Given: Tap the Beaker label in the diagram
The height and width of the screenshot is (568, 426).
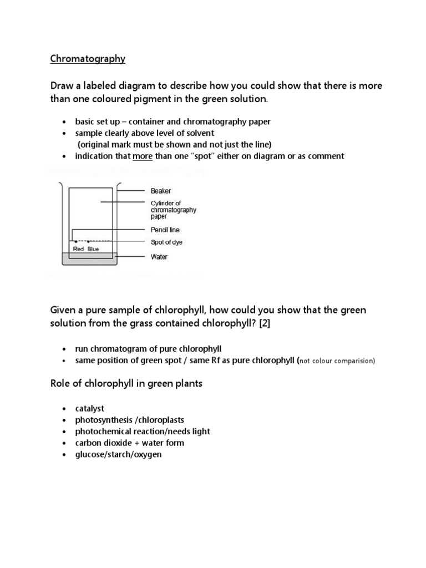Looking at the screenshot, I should pyautogui.click(x=161, y=191).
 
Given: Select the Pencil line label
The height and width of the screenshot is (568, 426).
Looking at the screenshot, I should pyautogui.click(x=165, y=230).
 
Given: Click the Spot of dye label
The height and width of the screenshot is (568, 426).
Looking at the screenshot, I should pyautogui.click(x=166, y=242).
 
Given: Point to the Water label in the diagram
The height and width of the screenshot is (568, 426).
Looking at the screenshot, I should pyautogui.click(x=159, y=257).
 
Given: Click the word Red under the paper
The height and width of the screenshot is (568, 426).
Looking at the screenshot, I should pyautogui.click(x=79, y=249).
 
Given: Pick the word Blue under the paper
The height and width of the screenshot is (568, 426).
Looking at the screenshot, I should pyautogui.click(x=94, y=249).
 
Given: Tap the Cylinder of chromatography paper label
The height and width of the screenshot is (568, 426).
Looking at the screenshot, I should pyautogui.click(x=173, y=210).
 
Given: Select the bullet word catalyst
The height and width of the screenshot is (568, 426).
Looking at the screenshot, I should pyautogui.click(x=90, y=409).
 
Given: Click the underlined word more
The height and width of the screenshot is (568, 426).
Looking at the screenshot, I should pyautogui.click(x=143, y=156).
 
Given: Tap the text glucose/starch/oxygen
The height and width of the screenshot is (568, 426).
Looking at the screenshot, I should pyautogui.click(x=118, y=454).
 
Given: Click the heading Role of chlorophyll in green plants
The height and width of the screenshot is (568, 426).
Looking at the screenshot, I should pyautogui.click(x=127, y=383).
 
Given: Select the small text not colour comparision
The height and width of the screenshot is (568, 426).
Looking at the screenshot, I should pyautogui.click(x=337, y=361).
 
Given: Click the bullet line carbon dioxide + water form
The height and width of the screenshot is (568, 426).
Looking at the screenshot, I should pyautogui.click(x=130, y=443).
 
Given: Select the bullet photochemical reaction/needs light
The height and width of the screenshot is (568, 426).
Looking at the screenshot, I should pyautogui.click(x=143, y=432).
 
